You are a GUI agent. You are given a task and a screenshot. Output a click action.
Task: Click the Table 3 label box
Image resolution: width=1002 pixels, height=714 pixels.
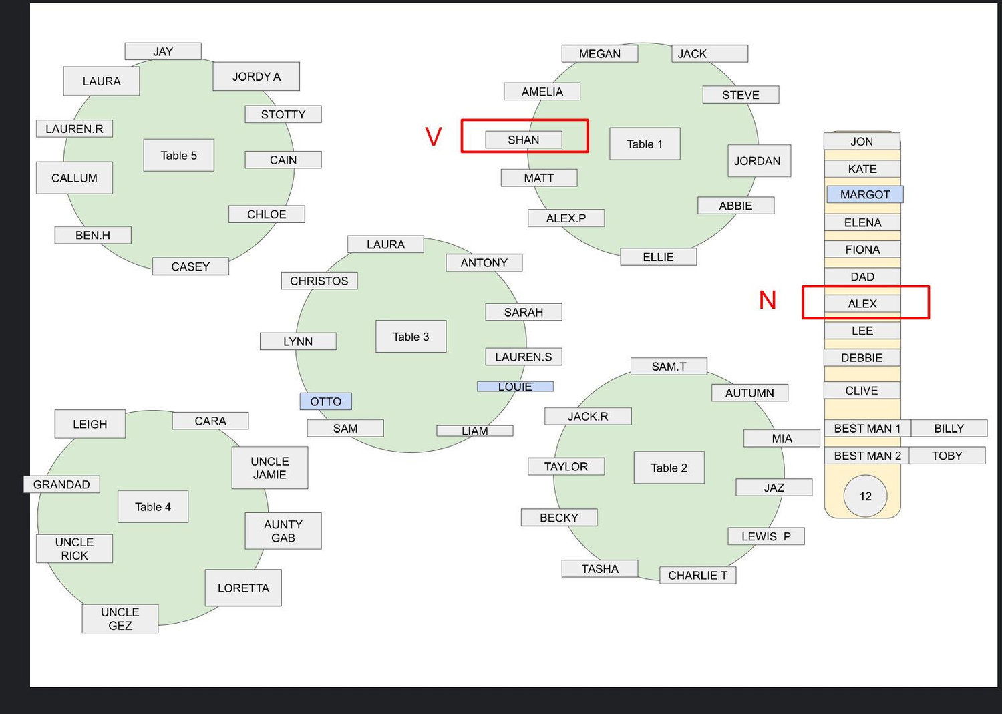tap(411, 337)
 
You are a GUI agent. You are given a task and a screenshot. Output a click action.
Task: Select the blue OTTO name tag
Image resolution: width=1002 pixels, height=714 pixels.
tap(326, 401)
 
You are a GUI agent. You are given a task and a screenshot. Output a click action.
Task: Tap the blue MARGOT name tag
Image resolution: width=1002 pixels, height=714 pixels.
tap(864, 194)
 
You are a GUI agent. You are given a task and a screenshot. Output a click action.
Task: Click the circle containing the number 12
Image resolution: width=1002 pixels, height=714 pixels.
tap(865, 496)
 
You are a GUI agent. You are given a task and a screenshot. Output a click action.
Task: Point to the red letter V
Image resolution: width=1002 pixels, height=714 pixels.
tap(433, 136)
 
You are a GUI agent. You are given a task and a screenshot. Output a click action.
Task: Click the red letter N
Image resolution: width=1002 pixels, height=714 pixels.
tap(767, 300)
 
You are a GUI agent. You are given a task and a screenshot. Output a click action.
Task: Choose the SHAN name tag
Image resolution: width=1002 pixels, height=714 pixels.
tap(524, 140)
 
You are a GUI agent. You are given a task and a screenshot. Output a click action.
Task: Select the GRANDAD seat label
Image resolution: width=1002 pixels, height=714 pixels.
tap(61, 484)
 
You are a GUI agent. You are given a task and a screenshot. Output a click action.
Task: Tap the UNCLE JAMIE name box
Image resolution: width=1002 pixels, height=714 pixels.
tap(270, 468)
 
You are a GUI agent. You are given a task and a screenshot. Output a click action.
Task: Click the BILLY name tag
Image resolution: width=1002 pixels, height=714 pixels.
tap(949, 428)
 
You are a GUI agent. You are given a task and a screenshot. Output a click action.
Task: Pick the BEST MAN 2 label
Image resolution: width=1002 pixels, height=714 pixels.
tap(867, 456)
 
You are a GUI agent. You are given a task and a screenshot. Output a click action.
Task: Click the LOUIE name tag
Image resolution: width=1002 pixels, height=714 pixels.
tap(515, 387)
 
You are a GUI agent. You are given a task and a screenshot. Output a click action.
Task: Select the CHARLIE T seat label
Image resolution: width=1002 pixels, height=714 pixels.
tap(698, 575)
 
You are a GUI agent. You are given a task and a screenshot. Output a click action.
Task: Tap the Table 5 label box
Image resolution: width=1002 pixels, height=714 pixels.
tap(178, 155)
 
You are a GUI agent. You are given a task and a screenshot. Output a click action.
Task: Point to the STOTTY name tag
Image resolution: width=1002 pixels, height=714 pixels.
tap(283, 114)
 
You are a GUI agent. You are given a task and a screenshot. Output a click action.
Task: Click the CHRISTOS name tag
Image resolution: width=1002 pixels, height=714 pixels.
tap(319, 281)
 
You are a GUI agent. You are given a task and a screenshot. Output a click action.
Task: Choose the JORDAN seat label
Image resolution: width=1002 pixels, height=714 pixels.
tap(759, 160)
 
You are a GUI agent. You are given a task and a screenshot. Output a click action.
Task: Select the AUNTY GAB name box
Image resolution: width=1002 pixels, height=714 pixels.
tap(283, 530)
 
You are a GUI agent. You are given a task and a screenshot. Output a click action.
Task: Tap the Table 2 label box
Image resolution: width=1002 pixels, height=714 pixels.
tap(669, 468)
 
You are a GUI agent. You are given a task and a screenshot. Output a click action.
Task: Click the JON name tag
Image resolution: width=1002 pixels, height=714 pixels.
tap(862, 142)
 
